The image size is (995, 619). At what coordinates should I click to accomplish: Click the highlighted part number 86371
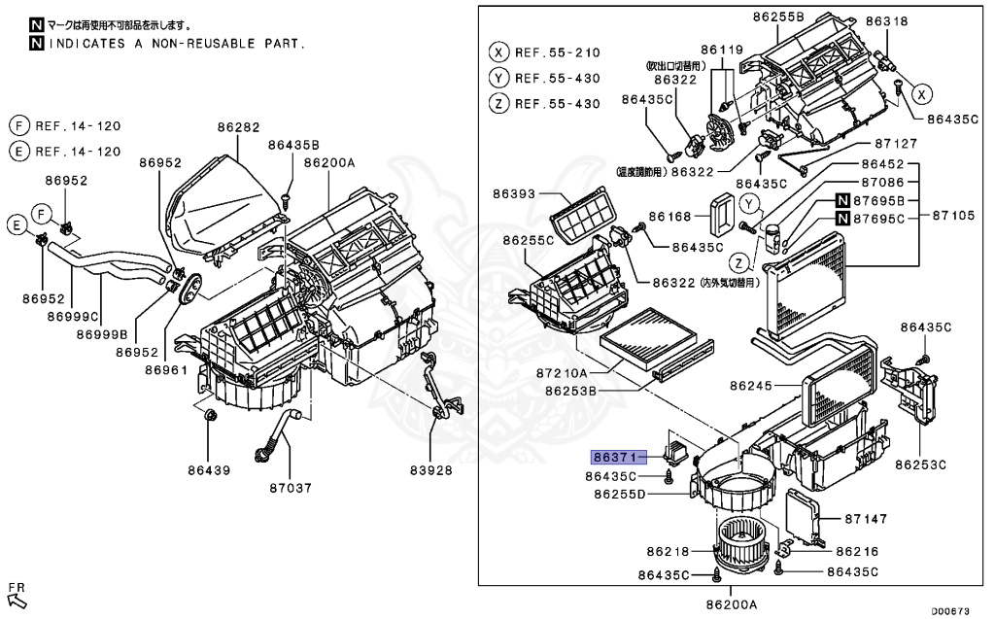[x=615, y=455]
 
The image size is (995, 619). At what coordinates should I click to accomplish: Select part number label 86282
[x=238, y=127]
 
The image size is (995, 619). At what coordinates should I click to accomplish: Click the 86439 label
[x=210, y=470]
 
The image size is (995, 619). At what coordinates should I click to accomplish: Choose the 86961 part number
[x=166, y=369]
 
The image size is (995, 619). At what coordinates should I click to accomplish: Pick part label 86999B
[x=106, y=333]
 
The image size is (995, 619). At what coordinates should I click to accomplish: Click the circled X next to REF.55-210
[x=499, y=52]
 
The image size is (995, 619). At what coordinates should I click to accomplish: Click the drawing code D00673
[x=951, y=610]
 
